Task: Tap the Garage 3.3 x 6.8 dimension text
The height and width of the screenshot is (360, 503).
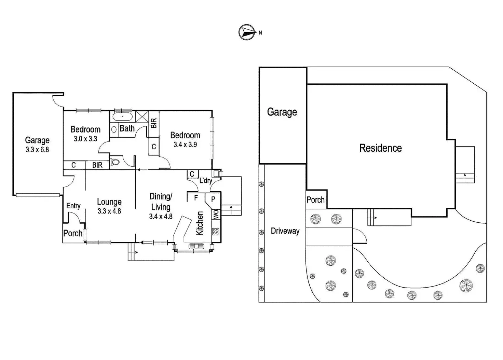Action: [x=37, y=150]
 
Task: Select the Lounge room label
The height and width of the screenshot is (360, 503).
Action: [x=109, y=202]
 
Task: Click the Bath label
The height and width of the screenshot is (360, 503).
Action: [x=127, y=129]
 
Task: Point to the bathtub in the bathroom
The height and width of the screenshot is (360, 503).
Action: [x=122, y=117]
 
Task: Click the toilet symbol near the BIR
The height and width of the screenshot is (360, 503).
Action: [x=115, y=161]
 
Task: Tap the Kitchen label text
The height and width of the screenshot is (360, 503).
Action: [x=200, y=223]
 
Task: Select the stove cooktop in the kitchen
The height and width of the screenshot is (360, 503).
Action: [x=216, y=232]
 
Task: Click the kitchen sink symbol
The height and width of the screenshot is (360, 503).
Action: [x=196, y=246]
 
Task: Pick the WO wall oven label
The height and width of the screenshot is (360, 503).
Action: [x=216, y=214]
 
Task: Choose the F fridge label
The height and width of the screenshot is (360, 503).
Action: [x=196, y=197]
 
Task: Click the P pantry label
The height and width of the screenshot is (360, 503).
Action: [x=213, y=199]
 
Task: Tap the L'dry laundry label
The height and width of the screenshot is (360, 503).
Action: [x=206, y=181]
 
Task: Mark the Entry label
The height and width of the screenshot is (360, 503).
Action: [x=73, y=206]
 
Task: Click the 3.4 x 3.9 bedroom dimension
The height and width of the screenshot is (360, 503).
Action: [x=185, y=144]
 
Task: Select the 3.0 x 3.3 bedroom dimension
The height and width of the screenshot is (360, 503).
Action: [x=85, y=139]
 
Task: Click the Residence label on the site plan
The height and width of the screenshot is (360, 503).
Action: [x=380, y=148]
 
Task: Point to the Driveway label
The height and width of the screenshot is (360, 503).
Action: [x=285, y=231]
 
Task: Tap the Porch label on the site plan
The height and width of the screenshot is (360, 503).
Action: [x=315, y=200]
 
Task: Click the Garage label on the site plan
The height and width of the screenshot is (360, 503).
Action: [x=282, y=112]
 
